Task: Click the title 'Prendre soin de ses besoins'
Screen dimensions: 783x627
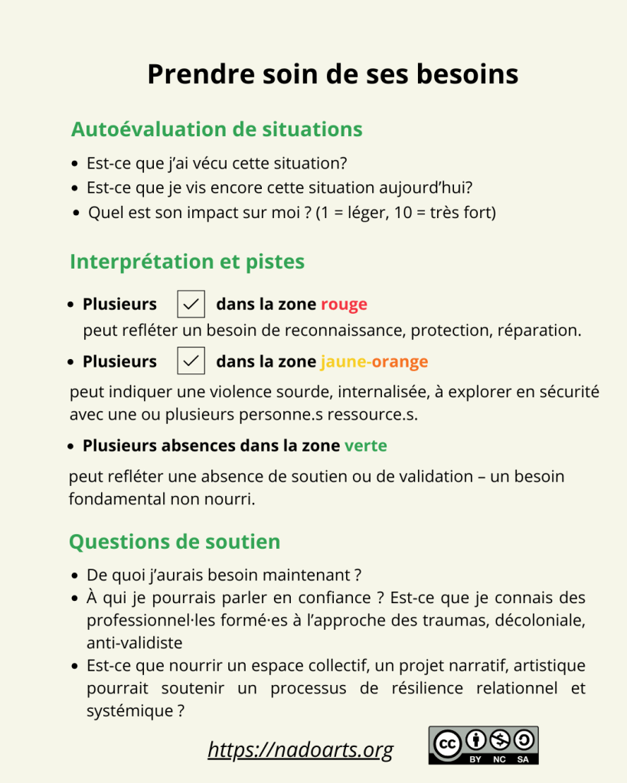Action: [x=332, y=74]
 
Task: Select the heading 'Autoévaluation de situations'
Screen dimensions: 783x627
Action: [x=217, y=129]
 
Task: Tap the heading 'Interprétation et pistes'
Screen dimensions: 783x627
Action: [x=187, y=262]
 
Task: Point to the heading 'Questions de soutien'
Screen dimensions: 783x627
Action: [x=175, y=542]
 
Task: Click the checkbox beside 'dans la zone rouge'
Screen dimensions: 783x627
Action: [x=191, y=304]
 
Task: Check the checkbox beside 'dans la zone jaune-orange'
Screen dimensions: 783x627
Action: [x=191, y=361]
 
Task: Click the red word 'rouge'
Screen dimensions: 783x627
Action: [x=344, y=304]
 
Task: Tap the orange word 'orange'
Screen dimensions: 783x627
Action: [x=400, y=361]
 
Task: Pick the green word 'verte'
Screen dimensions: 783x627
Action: [x=365, y=445]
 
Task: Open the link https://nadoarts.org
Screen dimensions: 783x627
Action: [x=300, y=750]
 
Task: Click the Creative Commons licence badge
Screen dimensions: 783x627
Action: [x=483, y=745]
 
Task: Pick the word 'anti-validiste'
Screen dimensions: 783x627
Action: [x=135, y=643]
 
